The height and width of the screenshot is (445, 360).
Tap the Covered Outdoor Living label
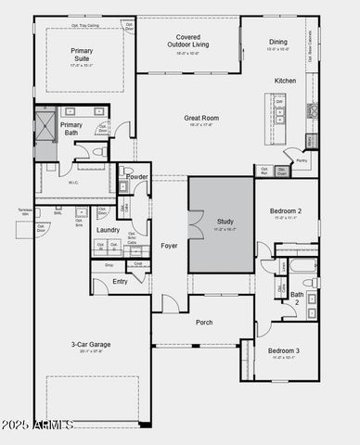pos(188,40)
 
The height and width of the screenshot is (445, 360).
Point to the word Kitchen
pos(285,81)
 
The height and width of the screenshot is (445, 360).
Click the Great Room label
pos(201,119)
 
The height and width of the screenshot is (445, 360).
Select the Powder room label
pos(136,176)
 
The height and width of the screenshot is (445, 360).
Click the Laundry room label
pos(108,230)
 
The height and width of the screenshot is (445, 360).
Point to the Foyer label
pos(169,246)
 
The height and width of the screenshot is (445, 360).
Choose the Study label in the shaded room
pos(225,222)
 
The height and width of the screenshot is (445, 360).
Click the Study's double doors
pos(194,225)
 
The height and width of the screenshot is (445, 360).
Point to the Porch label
pos(204,323)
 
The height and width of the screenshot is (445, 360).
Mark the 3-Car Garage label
pos(92,346)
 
